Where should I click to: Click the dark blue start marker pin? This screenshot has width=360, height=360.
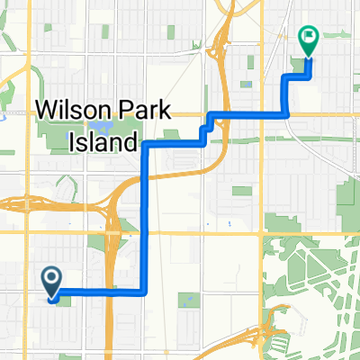(x=51, y=282)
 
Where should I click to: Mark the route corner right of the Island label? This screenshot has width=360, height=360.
(x=146, y=143)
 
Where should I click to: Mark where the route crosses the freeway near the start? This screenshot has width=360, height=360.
(x=108, y=292)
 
